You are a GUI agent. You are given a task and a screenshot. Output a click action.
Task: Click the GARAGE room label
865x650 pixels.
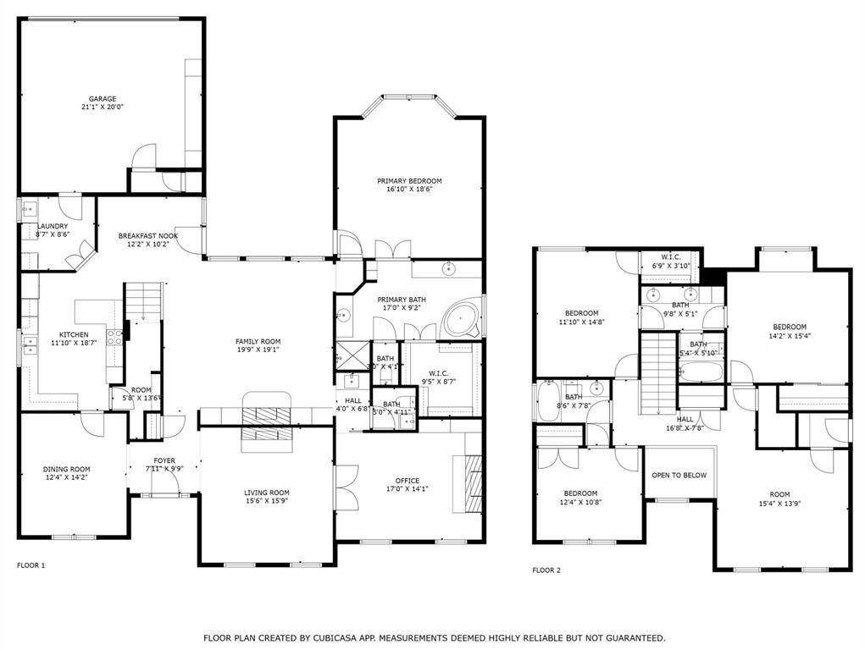[x=103, y=98]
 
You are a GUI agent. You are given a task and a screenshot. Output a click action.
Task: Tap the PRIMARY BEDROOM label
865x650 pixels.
[x=409, y=180]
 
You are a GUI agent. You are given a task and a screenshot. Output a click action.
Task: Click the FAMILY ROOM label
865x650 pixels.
[x=258, y=341]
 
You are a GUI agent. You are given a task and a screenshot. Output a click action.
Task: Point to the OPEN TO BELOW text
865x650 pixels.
[x=679, y=475]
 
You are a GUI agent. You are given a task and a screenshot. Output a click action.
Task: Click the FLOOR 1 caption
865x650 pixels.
[x=31, y=565]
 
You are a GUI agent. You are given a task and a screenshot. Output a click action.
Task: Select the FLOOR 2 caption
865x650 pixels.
[x=546, y=570]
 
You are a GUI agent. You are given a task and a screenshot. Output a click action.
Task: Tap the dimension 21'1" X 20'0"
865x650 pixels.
[x=103, y=107]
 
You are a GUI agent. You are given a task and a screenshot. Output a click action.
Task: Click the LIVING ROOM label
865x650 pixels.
[x=267, y=492]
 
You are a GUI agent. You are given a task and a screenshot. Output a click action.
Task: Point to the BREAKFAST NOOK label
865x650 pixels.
[x=147, y=235]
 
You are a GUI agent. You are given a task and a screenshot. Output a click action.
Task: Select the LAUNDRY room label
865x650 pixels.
[x=52, y=226]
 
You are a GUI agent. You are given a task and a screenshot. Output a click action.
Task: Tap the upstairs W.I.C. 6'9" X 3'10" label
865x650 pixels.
[x=670, y=261]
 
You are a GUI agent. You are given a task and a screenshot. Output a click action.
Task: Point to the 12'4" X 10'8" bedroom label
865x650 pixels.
[x=581, y=503]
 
